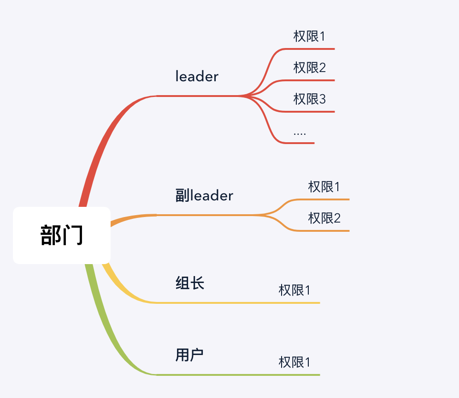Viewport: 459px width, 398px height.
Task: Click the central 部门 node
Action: [62, 235]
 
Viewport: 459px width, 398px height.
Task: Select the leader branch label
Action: [197, 77]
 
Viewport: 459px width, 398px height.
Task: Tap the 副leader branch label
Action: [204, 196]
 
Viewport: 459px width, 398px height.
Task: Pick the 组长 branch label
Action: [190, 283]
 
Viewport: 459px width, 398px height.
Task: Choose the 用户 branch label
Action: [189, 355]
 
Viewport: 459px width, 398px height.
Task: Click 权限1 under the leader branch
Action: [310, 36]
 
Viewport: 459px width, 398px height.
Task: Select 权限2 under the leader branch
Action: [310, 68]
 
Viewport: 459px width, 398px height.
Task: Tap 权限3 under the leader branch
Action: [310, 99]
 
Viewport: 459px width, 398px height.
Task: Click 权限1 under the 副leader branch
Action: [324, 187]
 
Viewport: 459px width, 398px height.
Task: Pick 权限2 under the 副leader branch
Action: [324, 218]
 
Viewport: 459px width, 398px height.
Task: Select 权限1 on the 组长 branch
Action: [294, 290]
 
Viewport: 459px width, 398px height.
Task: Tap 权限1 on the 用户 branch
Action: [294, 362]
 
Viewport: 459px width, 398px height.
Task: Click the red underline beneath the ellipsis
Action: [300, 143]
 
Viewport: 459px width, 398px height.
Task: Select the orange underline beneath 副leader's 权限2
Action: [323, 230]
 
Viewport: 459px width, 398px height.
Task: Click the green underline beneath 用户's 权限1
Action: [295, 374]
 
